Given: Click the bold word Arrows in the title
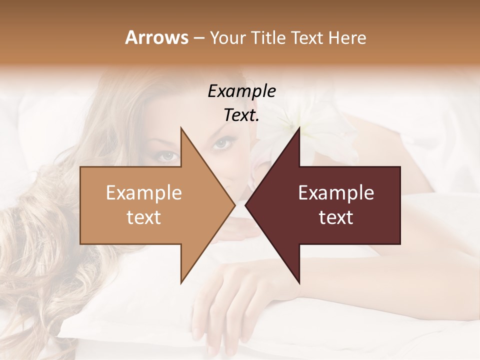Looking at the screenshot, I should tap(156, 37).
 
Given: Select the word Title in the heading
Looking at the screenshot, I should tap(268, 37).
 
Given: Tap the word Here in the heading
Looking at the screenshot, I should tap(347, 37).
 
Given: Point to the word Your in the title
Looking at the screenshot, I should tap(228, 37).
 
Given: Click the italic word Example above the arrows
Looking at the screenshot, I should tap(241, 91).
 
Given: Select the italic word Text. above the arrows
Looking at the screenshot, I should tap(241, 115).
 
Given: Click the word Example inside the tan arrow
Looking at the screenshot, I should tap(144, 193).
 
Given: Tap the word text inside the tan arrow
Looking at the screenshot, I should tap(144, 217).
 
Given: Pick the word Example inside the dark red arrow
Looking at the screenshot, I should tap(336, 193).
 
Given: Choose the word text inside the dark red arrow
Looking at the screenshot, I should tap(336, 217).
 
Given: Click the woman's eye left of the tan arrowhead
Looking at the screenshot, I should tap(169, 156).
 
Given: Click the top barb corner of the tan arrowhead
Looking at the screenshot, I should tap(181, 128).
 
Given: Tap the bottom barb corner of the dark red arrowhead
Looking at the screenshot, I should tap(299, 283).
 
